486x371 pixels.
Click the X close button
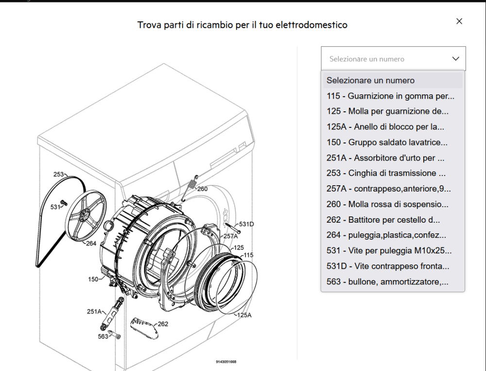[x=459, y=21]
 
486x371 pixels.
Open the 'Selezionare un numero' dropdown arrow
[x=455, y=59]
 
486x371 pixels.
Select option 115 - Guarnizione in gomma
[x=390, y=96]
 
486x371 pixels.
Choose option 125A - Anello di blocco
[x=385, y=127]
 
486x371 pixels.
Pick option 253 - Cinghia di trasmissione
[x=386, y=173]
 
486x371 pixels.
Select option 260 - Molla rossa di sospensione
[x=387, y=204]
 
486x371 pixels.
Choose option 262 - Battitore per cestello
[x=383, y=220]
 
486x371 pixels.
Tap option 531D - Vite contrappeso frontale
[x=387, y=266]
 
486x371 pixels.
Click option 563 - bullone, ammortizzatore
[x=387, y=282]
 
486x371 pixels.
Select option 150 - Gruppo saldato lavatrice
[x=387, y=142]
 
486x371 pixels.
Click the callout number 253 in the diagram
[x=58, y=174]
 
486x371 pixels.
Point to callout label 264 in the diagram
[x=91, y=244]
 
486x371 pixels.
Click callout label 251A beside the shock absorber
[x=94, y=311]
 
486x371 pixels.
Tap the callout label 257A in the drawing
[x=230, y=236]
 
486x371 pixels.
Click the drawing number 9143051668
[x=226, y=362]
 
